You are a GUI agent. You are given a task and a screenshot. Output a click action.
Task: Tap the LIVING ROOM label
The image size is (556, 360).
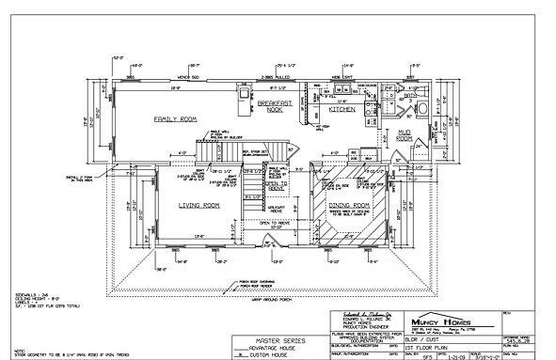click(199, 204)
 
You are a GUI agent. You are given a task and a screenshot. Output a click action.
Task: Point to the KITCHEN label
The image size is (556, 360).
click(341, 109)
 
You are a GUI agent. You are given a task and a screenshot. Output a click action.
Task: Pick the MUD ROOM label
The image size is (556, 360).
click(405, 133)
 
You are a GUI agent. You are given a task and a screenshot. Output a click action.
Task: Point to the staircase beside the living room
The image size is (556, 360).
click(252, 188)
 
